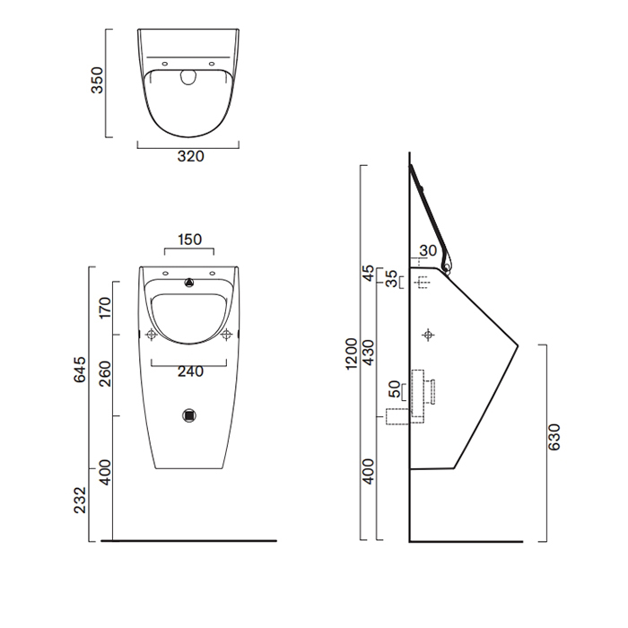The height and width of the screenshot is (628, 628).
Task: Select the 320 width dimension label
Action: click(x=190, y=156)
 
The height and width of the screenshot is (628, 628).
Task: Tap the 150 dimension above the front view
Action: click(x=189, y=240)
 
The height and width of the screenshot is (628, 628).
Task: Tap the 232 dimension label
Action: click(x=80, y=499)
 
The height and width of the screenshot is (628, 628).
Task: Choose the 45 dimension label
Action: click(x=367, y=272)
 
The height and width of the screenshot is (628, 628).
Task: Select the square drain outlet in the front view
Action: click(x=189, y=415)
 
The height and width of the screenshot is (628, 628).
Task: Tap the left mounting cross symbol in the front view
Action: click(x=152, y=335)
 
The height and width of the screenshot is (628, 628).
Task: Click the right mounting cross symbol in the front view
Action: click(x=227, y=335)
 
